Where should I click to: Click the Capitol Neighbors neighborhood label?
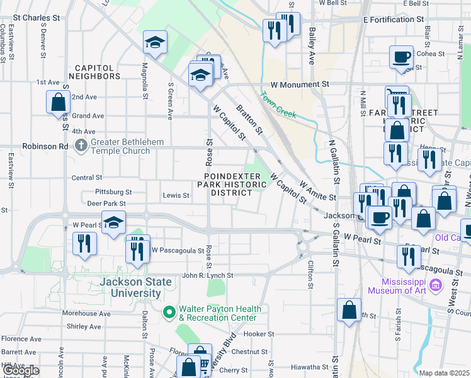[98, 72]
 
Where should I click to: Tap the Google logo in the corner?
[21, 370]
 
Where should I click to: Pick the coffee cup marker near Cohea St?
[401, 57]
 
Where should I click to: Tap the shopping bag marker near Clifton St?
[349, 310]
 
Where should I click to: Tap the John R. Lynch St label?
[207, 275]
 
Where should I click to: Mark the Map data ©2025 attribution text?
[445, 373]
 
